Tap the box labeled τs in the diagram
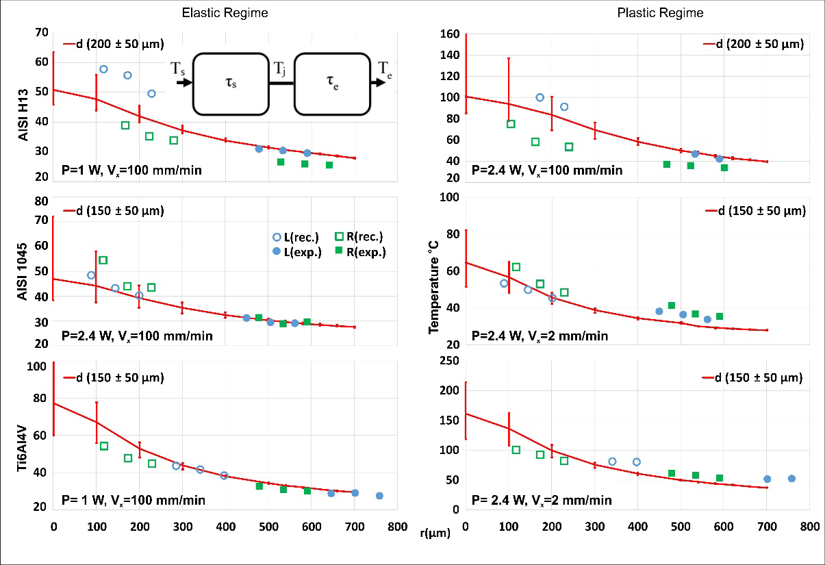tap(230, 83)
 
